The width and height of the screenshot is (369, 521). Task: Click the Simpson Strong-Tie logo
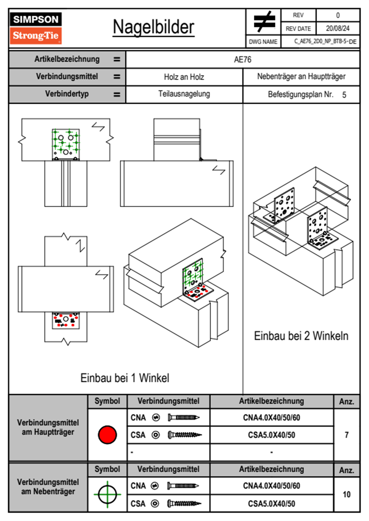36,28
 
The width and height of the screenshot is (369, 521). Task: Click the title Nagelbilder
153,27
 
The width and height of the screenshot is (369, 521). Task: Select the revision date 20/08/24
337,28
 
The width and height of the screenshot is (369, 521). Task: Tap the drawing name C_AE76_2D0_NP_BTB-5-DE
325,42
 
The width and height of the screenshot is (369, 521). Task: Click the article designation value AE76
242,59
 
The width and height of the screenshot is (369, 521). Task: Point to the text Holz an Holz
184,77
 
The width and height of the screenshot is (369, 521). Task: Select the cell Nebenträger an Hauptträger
301,77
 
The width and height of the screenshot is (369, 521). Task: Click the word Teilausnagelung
184,94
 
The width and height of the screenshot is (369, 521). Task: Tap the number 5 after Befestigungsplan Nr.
344,95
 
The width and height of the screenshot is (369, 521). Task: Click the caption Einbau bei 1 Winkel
125,378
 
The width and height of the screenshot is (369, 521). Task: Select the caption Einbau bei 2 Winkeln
301,336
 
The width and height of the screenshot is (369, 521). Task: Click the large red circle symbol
107,435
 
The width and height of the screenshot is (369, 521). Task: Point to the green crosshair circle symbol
107,494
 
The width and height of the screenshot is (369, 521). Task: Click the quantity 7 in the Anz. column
346,435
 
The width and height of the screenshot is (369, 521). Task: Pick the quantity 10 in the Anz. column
346,494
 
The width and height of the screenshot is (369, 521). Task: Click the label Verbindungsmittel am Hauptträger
48,427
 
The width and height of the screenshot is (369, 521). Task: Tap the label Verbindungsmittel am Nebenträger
48,487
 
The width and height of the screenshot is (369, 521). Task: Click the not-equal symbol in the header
264,22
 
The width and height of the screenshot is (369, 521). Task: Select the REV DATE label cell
298,29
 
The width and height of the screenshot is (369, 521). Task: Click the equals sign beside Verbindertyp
117,94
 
